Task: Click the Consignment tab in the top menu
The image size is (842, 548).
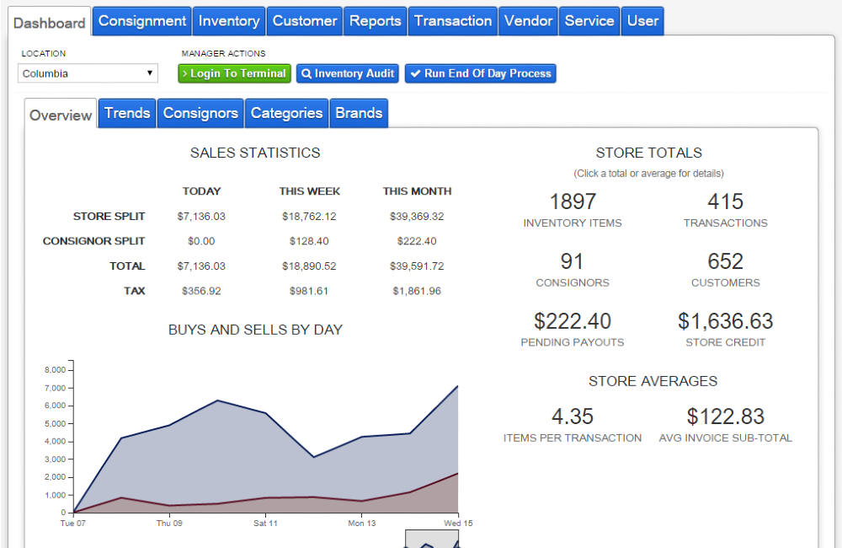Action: [x=142, y=21]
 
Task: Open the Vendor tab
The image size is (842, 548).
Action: [x=529, y=21]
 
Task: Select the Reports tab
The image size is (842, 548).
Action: [x=376, y=21]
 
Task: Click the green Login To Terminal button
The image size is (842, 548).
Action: [x=234, y=73]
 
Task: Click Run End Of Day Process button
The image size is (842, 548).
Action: [x=480, y=73]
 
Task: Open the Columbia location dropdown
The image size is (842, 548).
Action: [x=88, y=73]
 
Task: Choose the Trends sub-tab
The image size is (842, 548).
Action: [x=127, y=113]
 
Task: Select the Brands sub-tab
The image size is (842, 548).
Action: [x=359, y=113]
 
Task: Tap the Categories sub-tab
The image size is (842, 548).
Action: [x=286, y=113]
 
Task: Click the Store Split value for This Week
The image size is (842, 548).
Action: [x=309, y=217]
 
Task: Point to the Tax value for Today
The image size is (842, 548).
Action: [x=201, y=291]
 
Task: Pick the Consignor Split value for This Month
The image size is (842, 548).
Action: [x=417, y=241]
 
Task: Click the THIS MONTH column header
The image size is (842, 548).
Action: [x=417, y=191]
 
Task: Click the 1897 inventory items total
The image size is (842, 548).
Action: [x=573, y=202]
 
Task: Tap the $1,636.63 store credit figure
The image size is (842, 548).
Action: [x=725, y=321]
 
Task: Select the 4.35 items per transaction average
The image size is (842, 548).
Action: [x=573, y=416]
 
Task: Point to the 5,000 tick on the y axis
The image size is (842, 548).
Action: [x=55, y=423]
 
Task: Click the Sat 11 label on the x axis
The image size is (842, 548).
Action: [x=265, y=524]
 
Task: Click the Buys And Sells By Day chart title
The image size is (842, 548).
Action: [x=255, y=330]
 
